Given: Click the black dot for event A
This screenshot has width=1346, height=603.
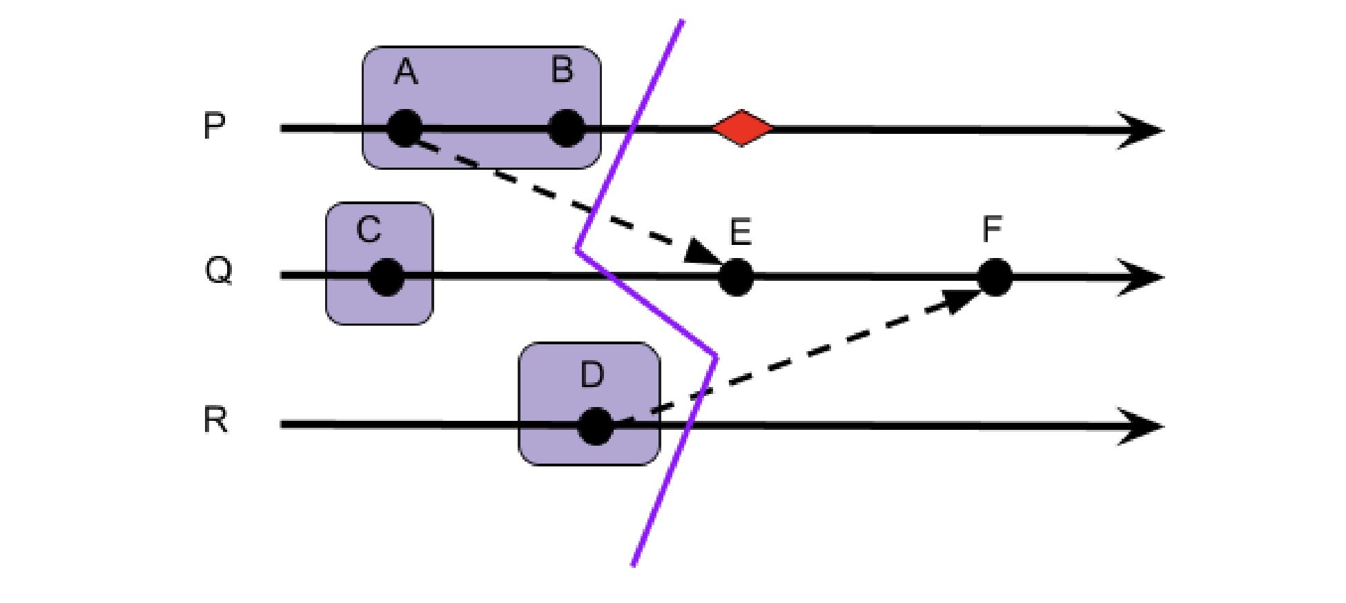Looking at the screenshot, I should [404, 128].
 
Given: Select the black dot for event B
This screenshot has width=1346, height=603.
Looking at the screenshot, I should [566, 128].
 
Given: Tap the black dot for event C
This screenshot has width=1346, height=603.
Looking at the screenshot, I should [387, 277].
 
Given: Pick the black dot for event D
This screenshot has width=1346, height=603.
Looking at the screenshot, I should [595, 426].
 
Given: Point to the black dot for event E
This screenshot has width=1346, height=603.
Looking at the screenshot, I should [736, 277].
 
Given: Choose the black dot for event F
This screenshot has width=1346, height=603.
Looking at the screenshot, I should [995, 277].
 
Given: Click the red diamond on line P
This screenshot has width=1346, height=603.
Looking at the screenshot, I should [742, 128].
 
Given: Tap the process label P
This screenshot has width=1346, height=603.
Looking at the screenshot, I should [215, 126].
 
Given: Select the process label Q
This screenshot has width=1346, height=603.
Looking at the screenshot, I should [219, 270].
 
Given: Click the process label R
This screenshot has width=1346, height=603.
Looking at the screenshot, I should [215, 419].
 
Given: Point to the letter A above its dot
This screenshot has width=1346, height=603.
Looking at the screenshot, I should [406, 72].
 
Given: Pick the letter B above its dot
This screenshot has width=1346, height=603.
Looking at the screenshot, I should [563, 70].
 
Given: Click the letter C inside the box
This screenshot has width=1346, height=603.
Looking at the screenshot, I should [369, 229].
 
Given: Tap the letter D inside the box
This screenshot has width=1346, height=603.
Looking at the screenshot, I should [592, 375].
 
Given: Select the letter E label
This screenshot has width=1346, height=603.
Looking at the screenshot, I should [741, 232].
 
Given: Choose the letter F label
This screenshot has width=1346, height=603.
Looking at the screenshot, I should [992, 229].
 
